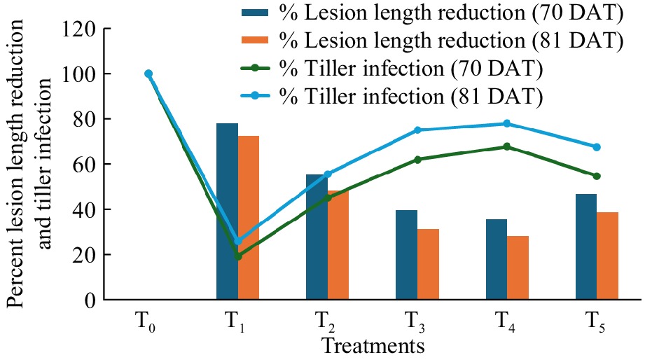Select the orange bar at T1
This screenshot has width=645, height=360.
click(249, 218)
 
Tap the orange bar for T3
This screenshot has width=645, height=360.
click(428, 264)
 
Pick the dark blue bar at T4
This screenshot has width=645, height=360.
click(497, 259)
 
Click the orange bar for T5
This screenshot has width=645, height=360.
click(607, 256)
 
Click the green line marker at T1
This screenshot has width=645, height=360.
click(238, 256)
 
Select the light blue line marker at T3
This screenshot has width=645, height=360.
click(417, 130)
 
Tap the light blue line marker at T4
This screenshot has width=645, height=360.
click(507, 124)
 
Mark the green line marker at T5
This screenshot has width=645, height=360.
click(597, 176)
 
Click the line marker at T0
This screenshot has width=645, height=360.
click(148, 74)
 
